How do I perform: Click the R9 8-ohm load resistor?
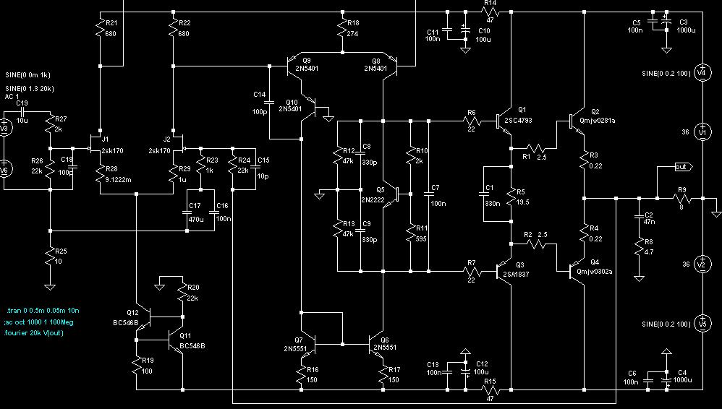point(682,199)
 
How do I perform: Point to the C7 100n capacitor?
point(429,194)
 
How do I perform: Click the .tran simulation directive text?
point(43,311)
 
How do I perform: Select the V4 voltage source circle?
point(702,72)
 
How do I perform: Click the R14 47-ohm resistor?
point(490,12)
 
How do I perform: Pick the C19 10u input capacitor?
point(22,112)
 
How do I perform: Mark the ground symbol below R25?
point(50,287)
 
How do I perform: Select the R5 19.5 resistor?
point(511,194)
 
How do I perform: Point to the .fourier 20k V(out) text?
point(34,333)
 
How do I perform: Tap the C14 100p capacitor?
point(269,103)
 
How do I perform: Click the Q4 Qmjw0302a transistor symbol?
point(577,272)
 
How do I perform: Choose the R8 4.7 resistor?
point(639,249)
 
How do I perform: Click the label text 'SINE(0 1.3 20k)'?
point(30,88)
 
